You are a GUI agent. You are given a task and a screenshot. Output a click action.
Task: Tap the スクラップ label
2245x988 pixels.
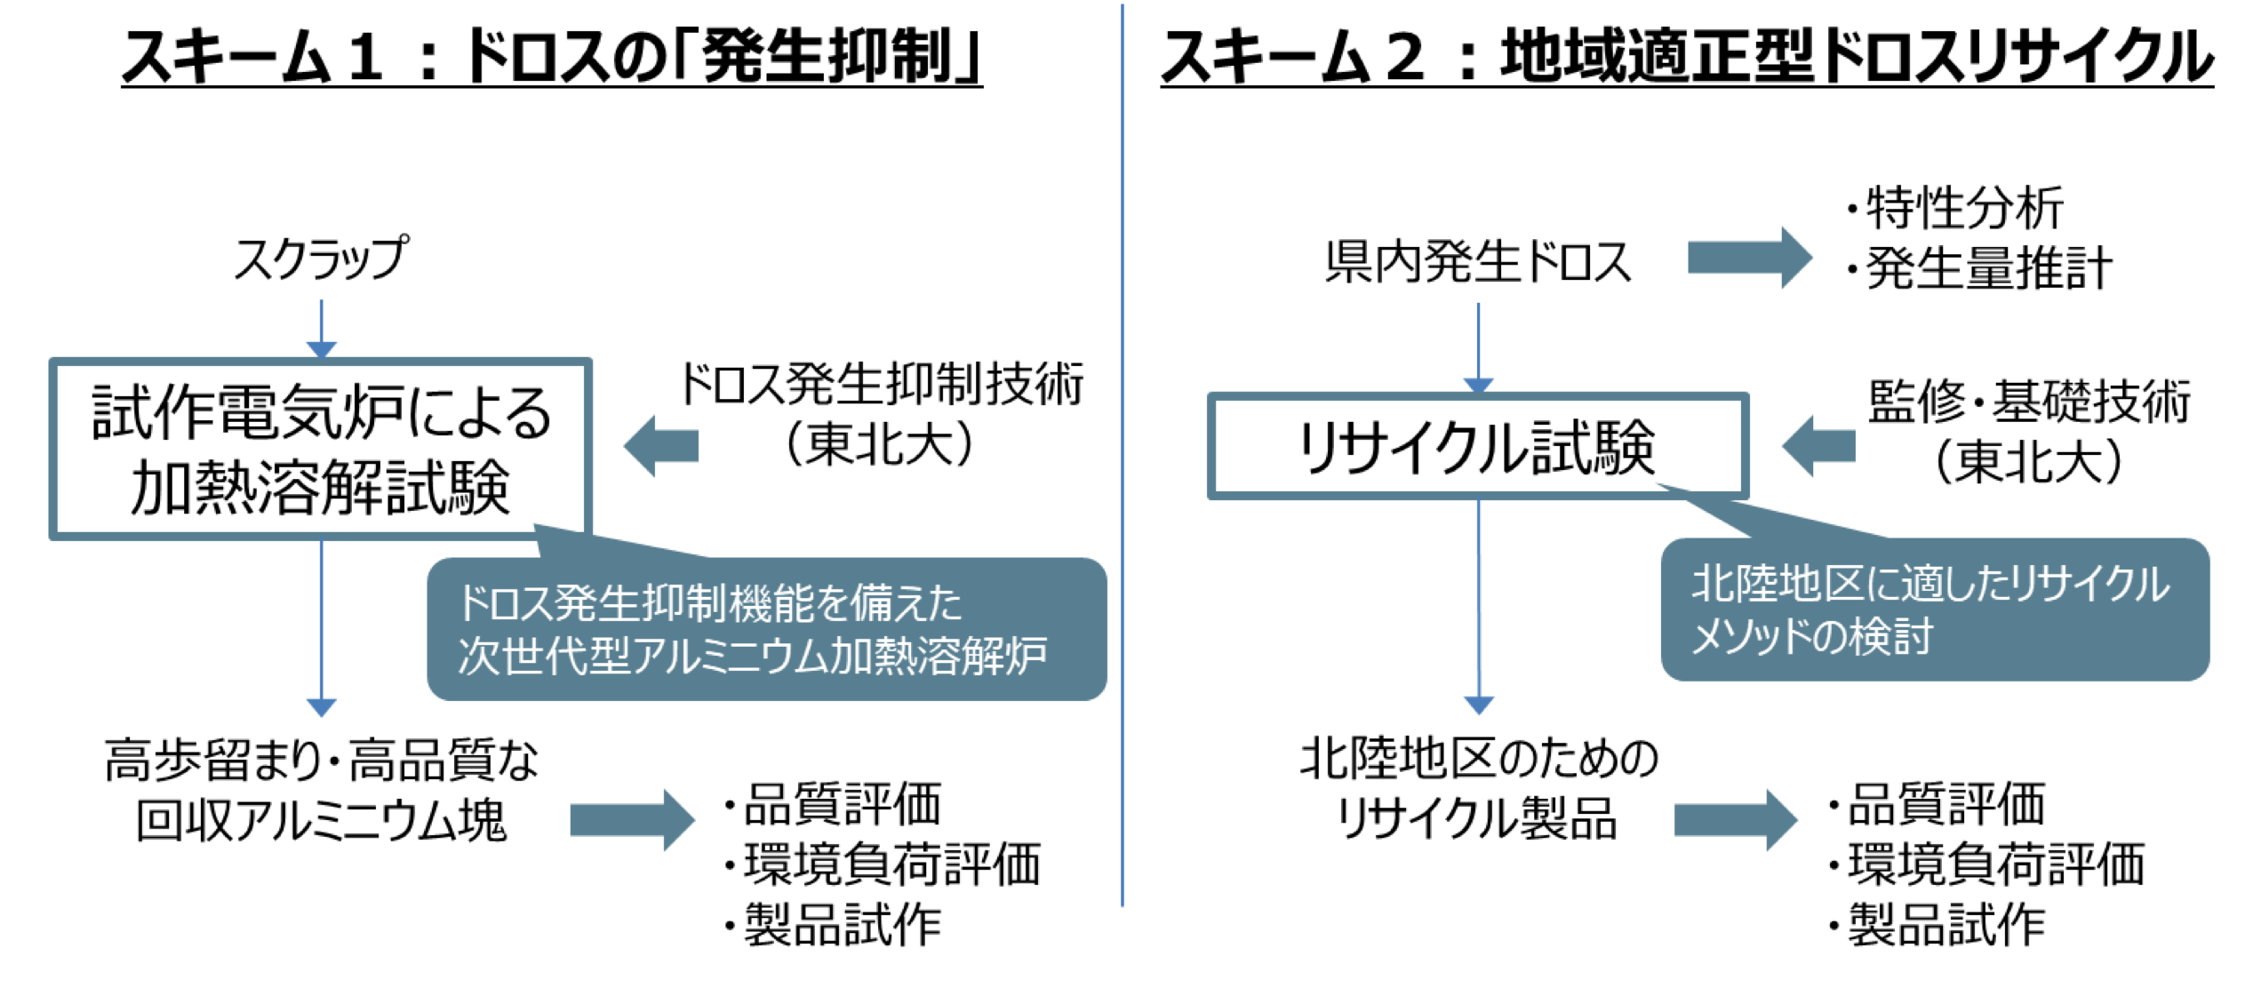click(321, 259)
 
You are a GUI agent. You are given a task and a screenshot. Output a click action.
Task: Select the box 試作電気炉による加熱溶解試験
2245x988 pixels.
click(321, 449)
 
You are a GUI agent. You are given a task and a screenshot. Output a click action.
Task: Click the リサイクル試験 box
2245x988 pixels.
click(1477, 446)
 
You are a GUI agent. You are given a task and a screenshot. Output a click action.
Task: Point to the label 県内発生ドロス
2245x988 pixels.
click(1477, 262)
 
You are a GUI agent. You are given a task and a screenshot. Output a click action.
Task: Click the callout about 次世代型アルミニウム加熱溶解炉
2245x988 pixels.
click(766, 629)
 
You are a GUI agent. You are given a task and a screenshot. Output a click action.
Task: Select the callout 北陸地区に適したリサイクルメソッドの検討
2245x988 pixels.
click(1934, 610)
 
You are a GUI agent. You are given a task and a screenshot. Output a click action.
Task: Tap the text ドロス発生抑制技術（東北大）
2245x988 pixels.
click(880, 414)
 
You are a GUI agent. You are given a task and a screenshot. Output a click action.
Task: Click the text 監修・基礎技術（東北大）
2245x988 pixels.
click(2028, 432)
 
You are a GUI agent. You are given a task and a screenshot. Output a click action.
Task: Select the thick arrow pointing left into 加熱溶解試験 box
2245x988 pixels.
click(661, 445)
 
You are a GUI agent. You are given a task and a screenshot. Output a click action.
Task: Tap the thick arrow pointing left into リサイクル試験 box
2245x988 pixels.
click(1818, 445)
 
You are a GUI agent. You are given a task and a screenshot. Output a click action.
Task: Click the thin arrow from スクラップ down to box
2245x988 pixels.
click(321, 328)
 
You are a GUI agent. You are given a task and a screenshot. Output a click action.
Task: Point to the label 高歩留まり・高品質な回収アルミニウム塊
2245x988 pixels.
click(321, 790)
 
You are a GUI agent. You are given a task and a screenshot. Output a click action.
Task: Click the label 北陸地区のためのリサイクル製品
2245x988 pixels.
click(1477, 788)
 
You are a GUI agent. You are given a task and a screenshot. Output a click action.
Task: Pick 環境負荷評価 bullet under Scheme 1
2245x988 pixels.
click(891, 864)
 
